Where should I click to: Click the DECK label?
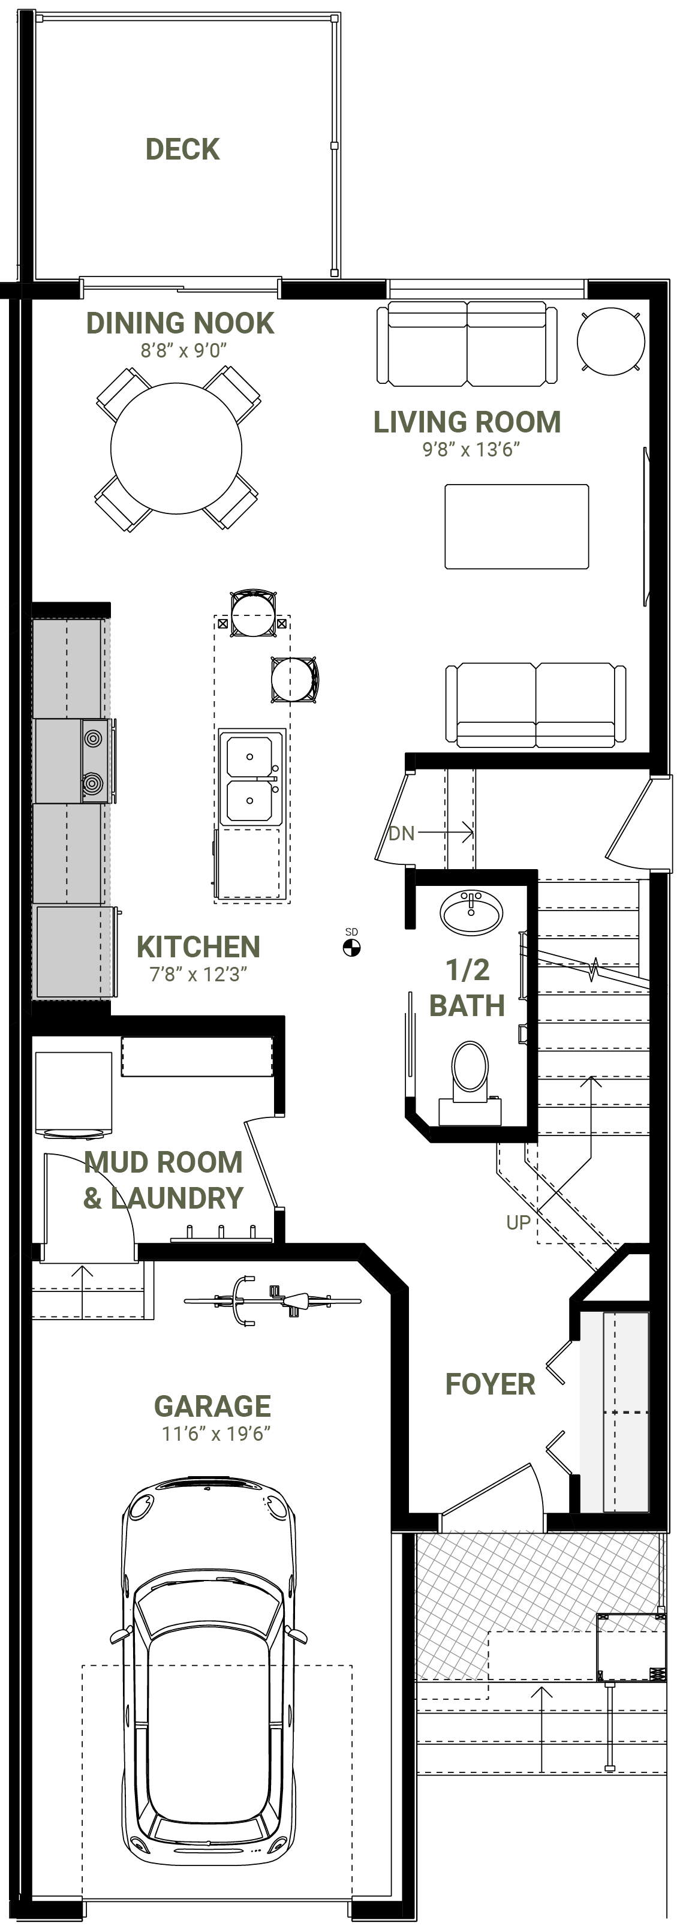[x=183, y=150]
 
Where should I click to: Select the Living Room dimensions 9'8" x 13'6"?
[x=471, y=449]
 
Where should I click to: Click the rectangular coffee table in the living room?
[x=517, y=527]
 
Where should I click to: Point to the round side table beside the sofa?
[x=611, y=341]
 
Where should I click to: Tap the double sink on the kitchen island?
[x=251, y=779]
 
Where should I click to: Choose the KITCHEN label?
[x=198, y=947]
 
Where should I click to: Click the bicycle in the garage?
[x=273, y=1301]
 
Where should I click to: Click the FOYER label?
[x=491, y=1384]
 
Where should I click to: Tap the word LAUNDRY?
[x=177, y=1198]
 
